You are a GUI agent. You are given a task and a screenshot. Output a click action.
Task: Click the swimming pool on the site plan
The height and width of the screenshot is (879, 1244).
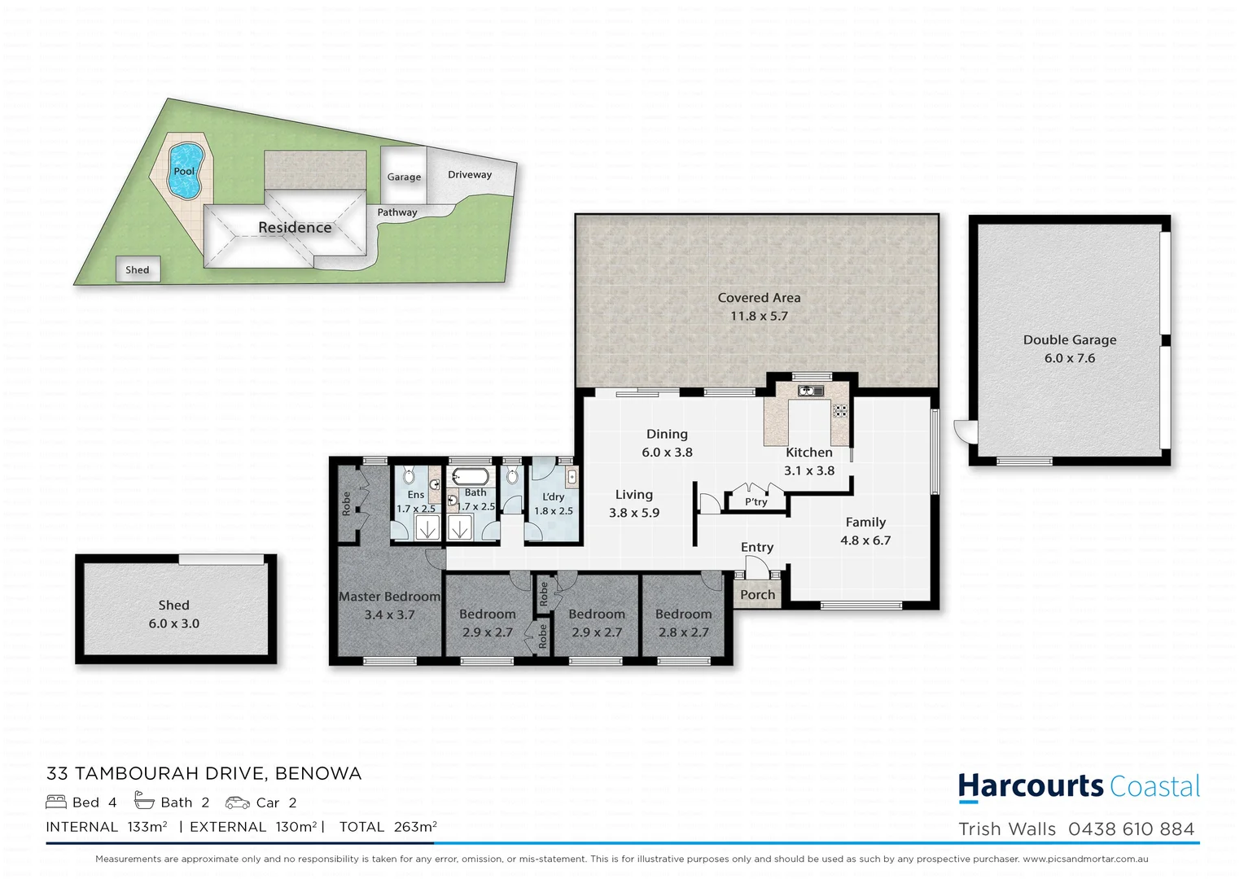click(186, 171)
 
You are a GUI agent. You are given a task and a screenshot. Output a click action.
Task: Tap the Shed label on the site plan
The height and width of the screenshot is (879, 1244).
click(137, 269)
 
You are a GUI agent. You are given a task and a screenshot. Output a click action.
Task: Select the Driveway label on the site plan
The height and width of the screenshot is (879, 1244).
click(470, 174)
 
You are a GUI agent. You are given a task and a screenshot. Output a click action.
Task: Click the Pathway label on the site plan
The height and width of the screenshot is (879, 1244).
click(397, 212)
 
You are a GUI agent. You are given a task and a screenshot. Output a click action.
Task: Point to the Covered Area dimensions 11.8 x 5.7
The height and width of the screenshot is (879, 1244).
click(759, 317)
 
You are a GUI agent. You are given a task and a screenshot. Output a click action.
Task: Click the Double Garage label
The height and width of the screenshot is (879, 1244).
click(1069, 339)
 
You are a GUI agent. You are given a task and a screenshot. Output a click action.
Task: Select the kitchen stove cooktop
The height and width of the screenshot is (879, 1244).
click(839, 411)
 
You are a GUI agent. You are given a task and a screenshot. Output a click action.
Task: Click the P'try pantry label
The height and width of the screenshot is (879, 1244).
click(756, 502)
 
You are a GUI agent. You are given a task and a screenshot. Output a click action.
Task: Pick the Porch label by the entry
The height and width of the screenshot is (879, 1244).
click(757, 595)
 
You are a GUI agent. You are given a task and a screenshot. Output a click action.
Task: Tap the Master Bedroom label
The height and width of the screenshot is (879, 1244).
click(389, 597)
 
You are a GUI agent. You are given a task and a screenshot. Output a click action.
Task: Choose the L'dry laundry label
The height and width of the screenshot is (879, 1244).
click(553, 496)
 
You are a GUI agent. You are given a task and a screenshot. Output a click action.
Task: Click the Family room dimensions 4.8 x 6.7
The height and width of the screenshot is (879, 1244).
click(865, 540)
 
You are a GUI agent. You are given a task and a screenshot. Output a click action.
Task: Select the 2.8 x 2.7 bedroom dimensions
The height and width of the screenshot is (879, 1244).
click(683, 632)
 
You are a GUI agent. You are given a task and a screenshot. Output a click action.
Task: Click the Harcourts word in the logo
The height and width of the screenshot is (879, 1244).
click(1030, 786)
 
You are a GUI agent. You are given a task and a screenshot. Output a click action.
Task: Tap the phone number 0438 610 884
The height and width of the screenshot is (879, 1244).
click(1131, 829)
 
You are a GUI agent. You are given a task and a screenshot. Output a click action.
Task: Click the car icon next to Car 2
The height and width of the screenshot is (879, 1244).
click(237, 802)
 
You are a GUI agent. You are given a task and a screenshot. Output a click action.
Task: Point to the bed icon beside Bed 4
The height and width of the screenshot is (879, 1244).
click(56, 802)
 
